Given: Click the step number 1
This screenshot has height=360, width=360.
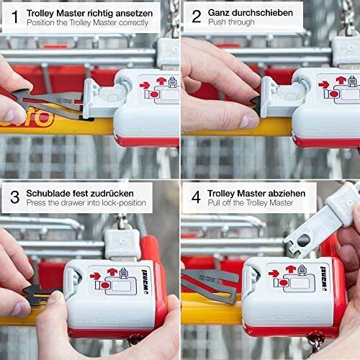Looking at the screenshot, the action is (15, 17).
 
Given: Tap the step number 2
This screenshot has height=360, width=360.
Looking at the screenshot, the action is (197, 17).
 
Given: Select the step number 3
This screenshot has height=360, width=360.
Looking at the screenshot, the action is (15, 197).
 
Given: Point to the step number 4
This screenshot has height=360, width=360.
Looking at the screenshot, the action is (196, 197).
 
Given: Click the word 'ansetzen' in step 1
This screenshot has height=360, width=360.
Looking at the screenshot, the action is (134, 14).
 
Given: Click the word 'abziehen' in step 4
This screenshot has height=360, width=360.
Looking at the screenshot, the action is (287, 193).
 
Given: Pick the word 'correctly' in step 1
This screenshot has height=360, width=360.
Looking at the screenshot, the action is (133, 23).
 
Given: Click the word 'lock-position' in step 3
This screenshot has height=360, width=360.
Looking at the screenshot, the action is (124, 203).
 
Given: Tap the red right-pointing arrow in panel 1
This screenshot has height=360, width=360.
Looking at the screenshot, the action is (145, 86).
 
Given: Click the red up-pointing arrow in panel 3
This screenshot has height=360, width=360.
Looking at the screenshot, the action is (112, 272).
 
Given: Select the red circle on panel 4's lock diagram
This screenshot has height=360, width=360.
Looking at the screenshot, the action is (283, 283).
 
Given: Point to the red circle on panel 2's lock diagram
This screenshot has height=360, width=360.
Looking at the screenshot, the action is (333, 94).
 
